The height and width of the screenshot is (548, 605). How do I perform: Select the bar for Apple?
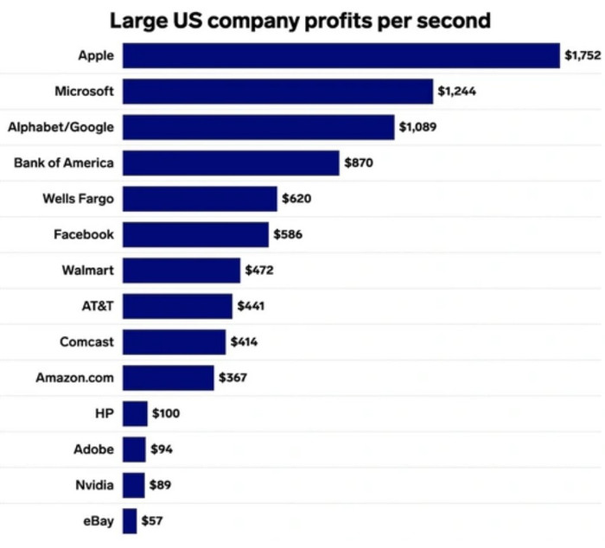pos(341,55)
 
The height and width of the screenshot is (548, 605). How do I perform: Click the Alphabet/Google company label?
pos(60,127)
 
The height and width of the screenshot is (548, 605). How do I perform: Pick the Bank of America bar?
pos(231,162)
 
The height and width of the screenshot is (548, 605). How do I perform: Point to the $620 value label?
pos(296,199)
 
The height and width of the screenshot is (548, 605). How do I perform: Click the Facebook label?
pos(83,234)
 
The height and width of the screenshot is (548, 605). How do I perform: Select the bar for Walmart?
pos(181,271)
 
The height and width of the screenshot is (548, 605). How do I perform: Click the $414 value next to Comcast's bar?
pos(244,341)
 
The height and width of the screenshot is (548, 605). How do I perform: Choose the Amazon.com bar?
pos(168,378)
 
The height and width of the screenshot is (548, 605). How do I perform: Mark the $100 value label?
pos(166,413)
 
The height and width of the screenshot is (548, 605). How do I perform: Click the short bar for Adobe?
pos(134,449)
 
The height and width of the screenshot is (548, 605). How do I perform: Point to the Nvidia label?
pos(94,485)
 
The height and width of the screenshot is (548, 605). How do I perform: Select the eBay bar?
pos(130,521)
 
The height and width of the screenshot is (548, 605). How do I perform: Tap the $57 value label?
pos(152,521)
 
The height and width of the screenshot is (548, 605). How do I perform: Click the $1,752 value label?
pos(582,55)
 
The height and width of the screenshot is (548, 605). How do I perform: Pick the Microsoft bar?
pos(277,91)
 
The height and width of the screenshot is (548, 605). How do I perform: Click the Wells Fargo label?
pos(78,199)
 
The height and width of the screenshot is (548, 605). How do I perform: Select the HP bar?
pos(135,413)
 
